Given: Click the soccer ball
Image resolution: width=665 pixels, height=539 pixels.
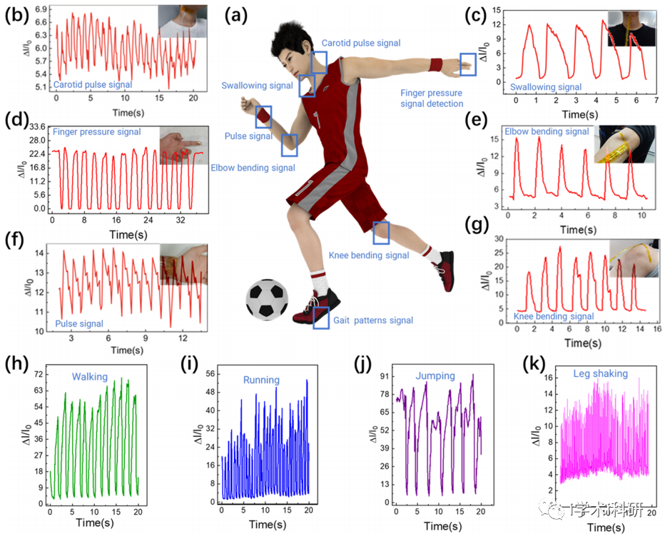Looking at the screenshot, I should point(268,300).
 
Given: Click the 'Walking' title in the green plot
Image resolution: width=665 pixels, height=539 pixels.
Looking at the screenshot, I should point(89,376).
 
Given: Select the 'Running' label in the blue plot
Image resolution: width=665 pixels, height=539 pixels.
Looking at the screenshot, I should point(261,379).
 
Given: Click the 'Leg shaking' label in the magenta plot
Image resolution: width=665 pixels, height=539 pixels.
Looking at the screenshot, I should point(601,373).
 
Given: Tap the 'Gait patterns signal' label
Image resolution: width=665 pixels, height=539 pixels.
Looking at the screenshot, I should point(373,320).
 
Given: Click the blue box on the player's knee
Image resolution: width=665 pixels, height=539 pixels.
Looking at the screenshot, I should point(381,233).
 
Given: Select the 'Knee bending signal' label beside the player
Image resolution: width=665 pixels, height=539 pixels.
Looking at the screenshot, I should point(369,255).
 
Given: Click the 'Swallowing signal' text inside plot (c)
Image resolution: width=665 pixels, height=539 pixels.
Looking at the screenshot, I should point(546,87).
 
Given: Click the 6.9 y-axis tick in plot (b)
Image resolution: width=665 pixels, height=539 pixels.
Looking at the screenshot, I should point(41,9).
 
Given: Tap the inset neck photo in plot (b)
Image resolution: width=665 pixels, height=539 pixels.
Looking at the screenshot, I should point(183,21).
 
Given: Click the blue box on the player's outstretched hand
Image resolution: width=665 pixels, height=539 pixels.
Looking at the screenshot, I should point(468,64).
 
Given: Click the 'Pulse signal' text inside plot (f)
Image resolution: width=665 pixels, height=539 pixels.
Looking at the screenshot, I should point(79,323).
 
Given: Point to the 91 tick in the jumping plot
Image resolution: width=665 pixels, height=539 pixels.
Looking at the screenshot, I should point(385,376).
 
